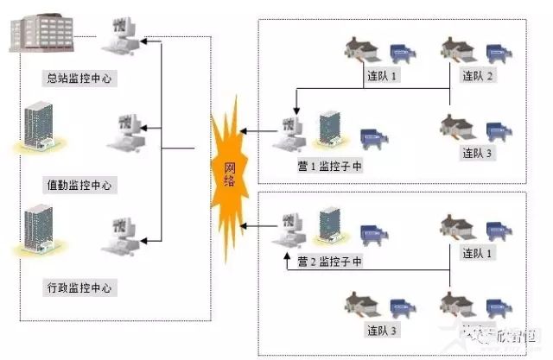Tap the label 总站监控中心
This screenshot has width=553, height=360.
click(81, 79)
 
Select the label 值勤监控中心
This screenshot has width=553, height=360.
click(81, 185)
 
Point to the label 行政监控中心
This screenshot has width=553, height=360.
click(81, 286)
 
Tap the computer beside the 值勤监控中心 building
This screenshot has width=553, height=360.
click(122, 132)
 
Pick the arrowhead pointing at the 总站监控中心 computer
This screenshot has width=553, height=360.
click(145, 40)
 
